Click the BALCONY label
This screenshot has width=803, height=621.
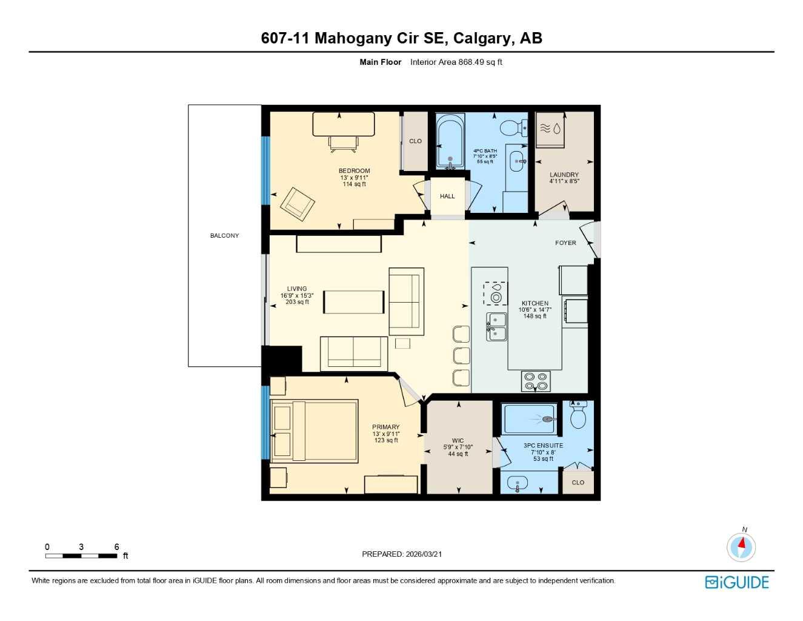[x=224, y=235]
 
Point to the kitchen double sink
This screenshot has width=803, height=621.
[x=497, y=327]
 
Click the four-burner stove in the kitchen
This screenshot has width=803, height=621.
[x=536, y=381]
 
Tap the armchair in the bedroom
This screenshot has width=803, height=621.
[x=297, y=204]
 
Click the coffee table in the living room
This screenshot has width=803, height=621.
[x=353, y=302]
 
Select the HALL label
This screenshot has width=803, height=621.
[x=447, y=196]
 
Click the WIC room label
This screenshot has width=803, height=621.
[x=458, y=441]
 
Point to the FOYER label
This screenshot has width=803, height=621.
[x=565, y=243]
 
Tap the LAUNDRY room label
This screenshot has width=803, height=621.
[x=564, y=175]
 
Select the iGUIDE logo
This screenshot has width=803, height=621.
[x=737, y=582]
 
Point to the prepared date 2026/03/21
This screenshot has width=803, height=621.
[x=402, y=554]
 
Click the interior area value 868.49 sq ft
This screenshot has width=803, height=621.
[x=456, y=62]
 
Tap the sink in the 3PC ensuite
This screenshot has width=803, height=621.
[x=517, y=484]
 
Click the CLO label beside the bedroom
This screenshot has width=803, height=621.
[x=415, y=141]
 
